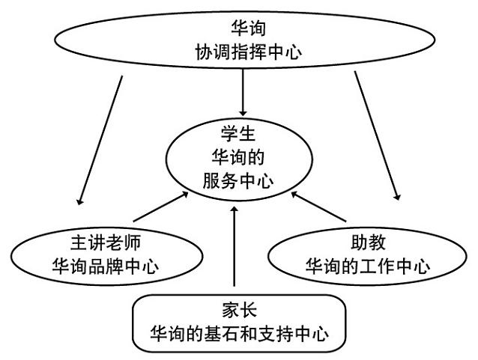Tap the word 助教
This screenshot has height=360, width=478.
tap(365, 244)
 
